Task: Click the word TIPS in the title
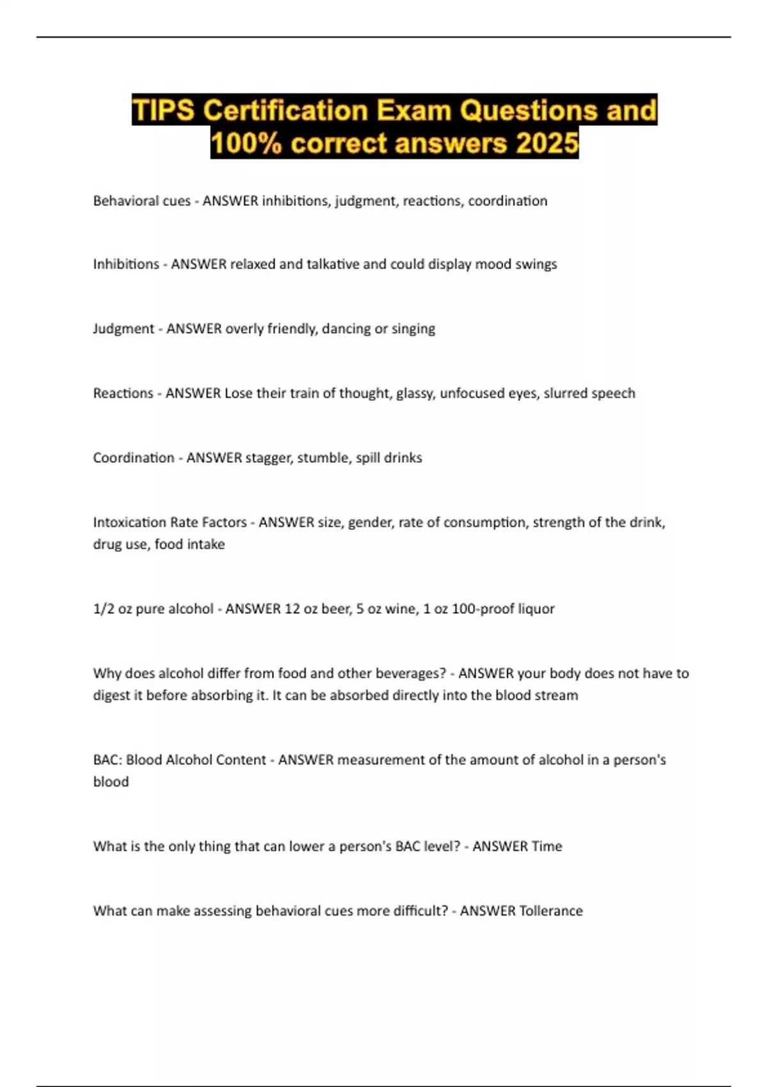[x=163, y=110]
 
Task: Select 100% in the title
[x=246, y=143]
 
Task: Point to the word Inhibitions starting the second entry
[x=126, y=264]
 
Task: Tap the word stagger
[x=268, y=458]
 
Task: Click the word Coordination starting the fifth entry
[x=133, y=458]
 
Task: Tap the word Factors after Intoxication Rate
[x=224, y=522]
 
